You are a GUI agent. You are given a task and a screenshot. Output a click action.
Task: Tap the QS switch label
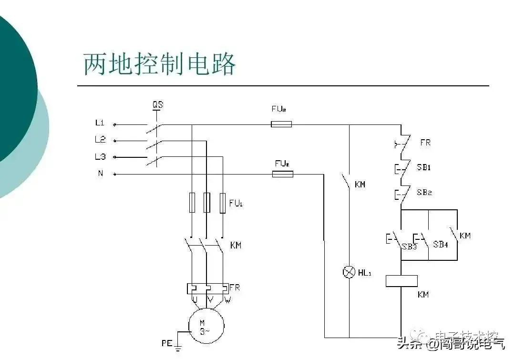pyautogui.click(x=157, y=104)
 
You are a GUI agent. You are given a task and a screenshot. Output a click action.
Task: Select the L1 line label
pyautogui.click(x=100, y=123)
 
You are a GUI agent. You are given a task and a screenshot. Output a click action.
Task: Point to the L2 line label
pyautogui.click(x=100, y=140)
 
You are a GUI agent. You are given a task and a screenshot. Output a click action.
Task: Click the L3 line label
pyautogui.click(x=100, y=156)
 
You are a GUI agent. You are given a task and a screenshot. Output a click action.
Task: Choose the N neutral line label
pyautogui.click(x=100, y=173)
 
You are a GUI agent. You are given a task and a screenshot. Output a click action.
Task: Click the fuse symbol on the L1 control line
pyautogui.click(x=281, y=124)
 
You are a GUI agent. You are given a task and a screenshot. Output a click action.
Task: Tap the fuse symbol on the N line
pyautogui.click(x=282, y=174)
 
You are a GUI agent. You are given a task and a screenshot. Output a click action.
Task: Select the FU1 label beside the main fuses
pyautogui.click(x=236, y=203)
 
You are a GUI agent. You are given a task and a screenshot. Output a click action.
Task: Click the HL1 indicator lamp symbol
pyautogui.click(x=349, y=272)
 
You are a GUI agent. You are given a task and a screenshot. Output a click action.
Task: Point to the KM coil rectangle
pyautogui.click(x=402, y=281)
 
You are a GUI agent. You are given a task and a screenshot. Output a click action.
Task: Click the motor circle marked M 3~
pyautogui.click(x=206, y=325)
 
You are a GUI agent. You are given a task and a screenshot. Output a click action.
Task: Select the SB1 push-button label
pyautogui.click(x=424, y=168)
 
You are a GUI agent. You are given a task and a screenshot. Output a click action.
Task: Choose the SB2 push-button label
pyautogui.click(x=424, y=193)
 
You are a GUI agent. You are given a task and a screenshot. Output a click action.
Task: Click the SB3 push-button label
pyautogui.click(x=409, y=247)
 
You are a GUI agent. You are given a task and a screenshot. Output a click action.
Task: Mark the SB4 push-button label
pyautogui.click(x=440, y=244)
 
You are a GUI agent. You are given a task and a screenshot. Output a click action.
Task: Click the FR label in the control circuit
pyautogui.click(x=426, y=143)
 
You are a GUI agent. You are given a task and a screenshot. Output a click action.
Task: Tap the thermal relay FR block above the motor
pyautogui.click(x=206, y=289)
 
